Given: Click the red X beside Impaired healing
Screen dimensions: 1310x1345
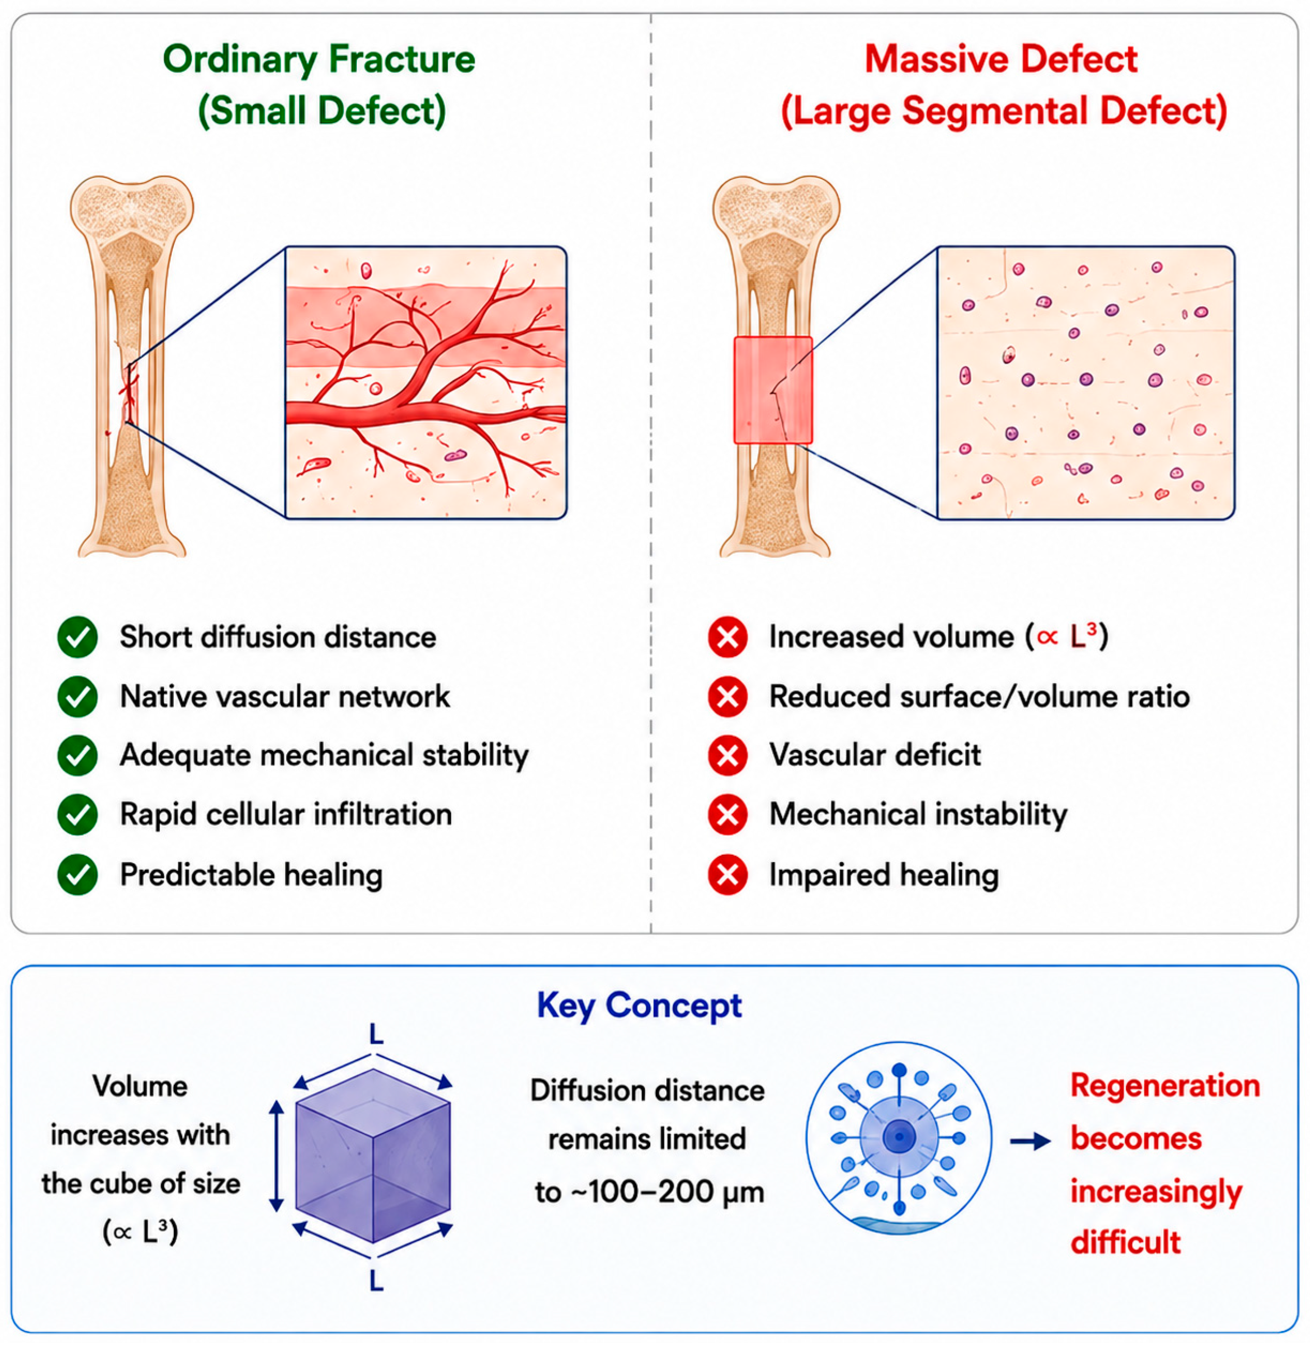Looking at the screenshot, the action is click(727, 874).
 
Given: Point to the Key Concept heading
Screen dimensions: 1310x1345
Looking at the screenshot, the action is click(639, 1006).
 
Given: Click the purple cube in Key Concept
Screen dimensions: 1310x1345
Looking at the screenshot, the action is click(373, 1156).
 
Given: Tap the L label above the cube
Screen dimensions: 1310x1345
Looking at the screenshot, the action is click(376, 1033).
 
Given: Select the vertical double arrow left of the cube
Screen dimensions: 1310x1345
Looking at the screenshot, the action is click(276, 1156).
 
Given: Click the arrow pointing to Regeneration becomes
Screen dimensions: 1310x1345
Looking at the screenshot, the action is click(1030, 1142).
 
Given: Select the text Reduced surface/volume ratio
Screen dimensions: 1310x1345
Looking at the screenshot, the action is click(979, 696).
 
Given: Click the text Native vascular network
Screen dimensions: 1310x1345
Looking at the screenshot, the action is click(285, 696).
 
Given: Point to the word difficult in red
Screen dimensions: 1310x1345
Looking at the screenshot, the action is click(1126, 1242).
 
